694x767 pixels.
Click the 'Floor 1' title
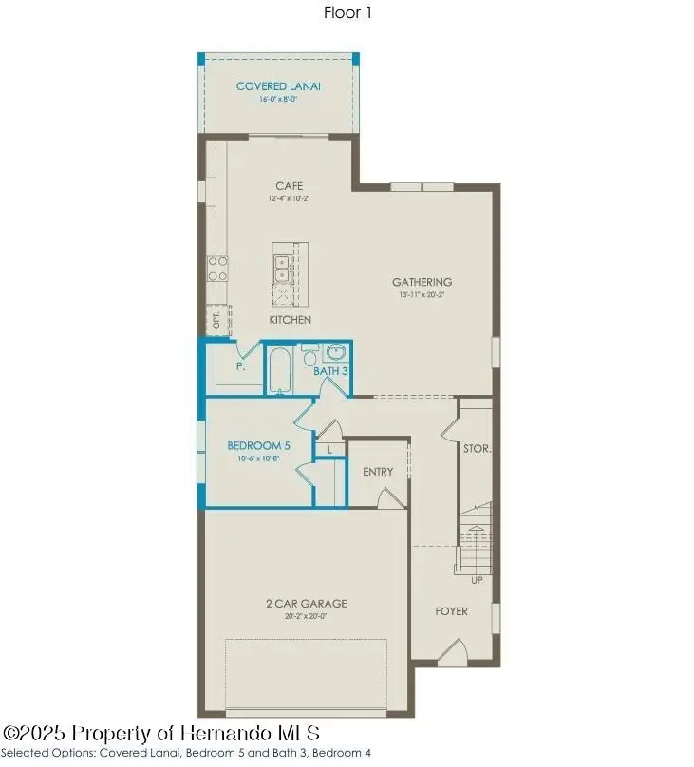coord(347,14)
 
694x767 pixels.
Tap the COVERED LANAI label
coord(278,86)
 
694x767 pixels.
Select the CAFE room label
coord(289,186)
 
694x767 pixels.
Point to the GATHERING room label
coord(422,282)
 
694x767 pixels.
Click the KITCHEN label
coord(290,320)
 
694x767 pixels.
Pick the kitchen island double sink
coord(282,264)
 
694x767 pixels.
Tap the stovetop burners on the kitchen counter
coord(218,268)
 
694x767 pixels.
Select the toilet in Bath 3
coord(309,357)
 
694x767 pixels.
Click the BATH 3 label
coord(330,370)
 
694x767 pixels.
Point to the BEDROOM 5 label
coord(258,445)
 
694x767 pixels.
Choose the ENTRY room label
coord(378,472)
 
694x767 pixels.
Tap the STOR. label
coord(477,447)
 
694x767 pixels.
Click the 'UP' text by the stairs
coord(477,580)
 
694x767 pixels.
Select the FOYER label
coord(452,611)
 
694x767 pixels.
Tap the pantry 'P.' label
coord(241,365)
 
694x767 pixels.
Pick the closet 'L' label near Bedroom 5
coord(328,448)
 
